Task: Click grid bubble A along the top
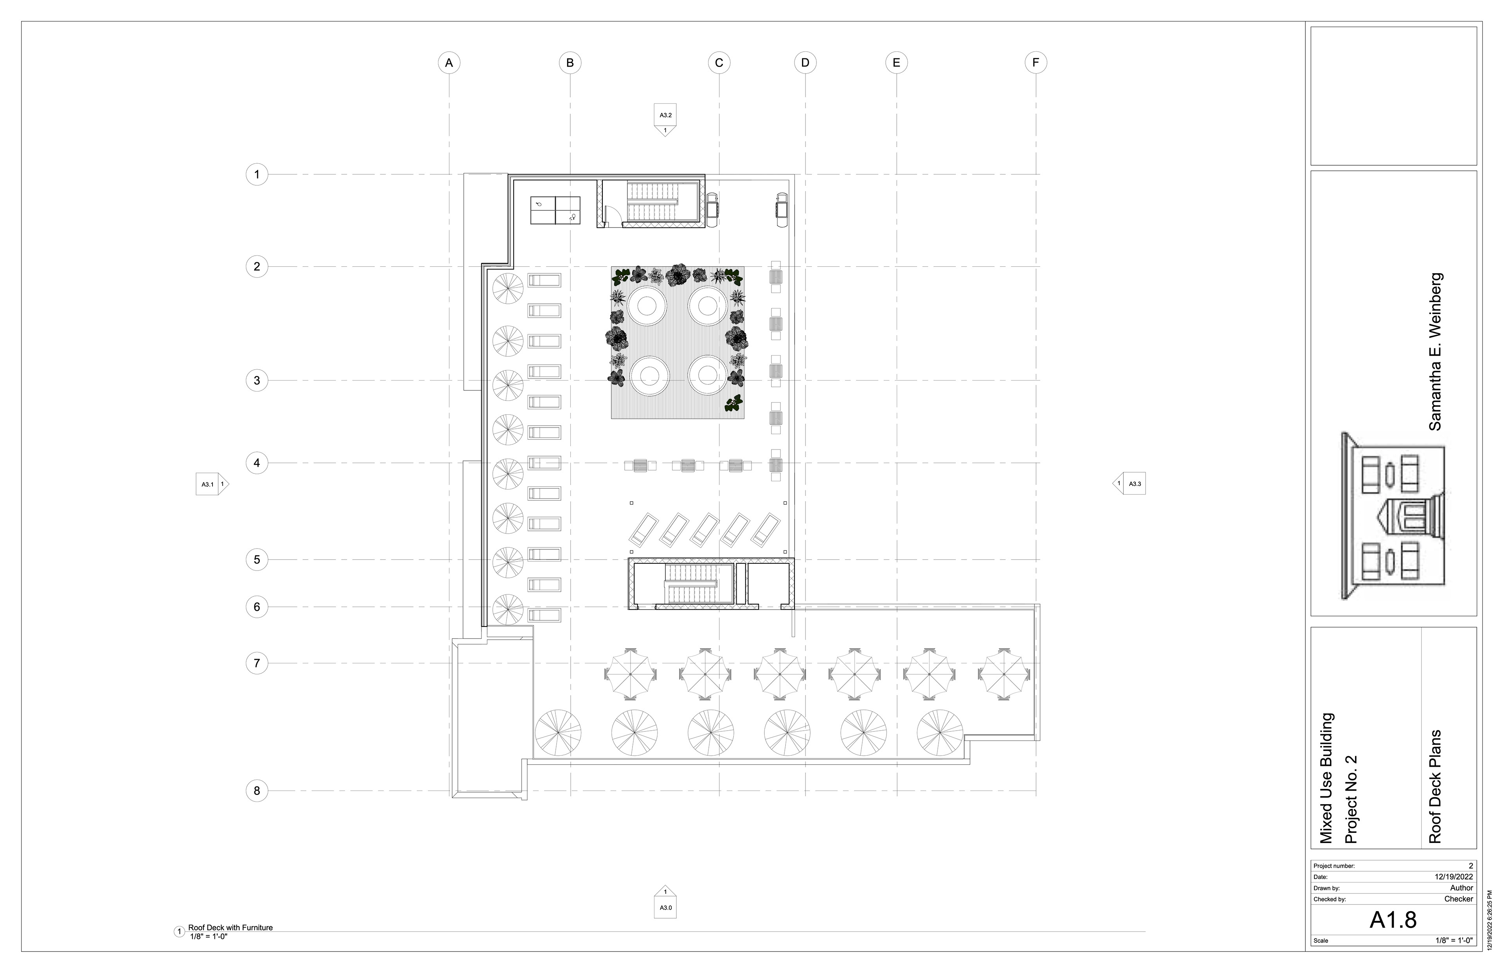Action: [x=449, y=63]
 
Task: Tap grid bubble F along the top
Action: [x=1036, y=63]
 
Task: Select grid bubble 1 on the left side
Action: [x=256, y=174]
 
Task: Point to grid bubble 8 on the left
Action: [x=256, y=791]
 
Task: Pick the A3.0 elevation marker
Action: [x=665, y=902]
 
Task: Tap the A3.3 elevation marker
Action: [x=1129, y=484]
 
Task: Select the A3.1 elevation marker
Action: [x=212, y=484]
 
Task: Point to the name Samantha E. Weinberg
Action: [x=1435, y=352]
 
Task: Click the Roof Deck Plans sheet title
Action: [x=1435, y=787]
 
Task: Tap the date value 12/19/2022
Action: [x=1454, y=877]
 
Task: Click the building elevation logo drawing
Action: [x=1393, y=516]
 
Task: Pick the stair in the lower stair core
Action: [x=692, y=585]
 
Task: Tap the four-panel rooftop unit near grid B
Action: [x=555, y=210]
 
